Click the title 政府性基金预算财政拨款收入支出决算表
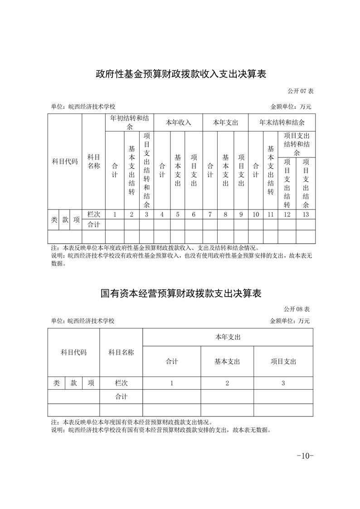pos(180,74)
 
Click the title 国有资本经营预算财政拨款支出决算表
pos(181,294)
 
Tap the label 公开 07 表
pos(299,91)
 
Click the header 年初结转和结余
pos(129,122)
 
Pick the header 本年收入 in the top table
pos(178,122)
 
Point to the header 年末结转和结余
pos(282,122)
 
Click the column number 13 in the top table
pos(306,215)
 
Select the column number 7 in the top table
pos(210,215)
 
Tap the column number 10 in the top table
pos(256,215)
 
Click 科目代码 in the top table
pos(65,162)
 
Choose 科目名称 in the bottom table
pos(121,352)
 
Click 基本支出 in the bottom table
pos(227,362)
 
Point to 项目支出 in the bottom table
pos(283,362)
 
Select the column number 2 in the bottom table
pos(227,383)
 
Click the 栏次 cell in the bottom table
pos(121,383)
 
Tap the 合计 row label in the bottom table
pos(121,396)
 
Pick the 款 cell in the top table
pos(65,220)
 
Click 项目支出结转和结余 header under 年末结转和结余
pos(297,144)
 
